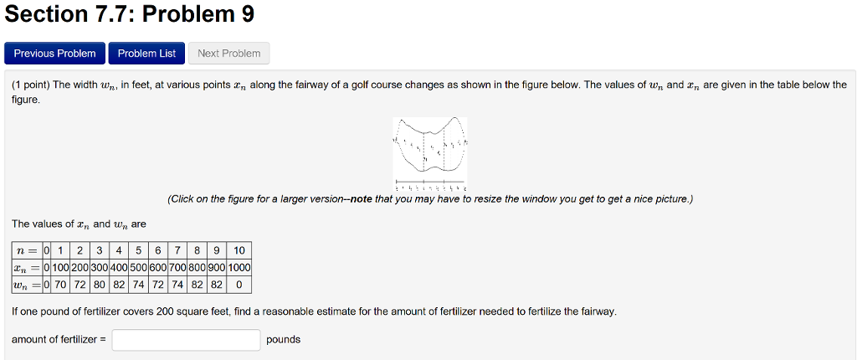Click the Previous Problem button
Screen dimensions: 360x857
(x=55, y=54)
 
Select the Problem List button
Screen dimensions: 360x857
(x=146, y=54)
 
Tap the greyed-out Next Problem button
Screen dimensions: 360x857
(x=228, y=54)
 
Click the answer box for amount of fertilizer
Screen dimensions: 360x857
(x=187, y=340)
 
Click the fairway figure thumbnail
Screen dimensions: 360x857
(x=430, y=152)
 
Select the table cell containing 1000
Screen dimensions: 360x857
(x=239, y=268)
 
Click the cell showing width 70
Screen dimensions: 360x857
(x=61, y=285)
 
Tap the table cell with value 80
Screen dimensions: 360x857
(x=100, y=285)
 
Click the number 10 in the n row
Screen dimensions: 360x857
(x=239, y=250)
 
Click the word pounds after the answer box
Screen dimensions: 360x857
(x=283, y=340)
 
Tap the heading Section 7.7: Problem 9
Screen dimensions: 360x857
(x=129, y=14)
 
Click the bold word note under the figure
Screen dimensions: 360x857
(x=362, y=199)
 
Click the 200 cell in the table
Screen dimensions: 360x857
(x=80, y=268)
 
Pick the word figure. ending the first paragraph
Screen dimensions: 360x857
(x=26, y=99)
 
